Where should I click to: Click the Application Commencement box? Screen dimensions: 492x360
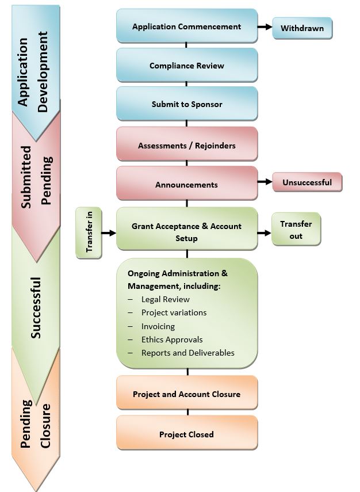pyautogui.click(x=186, y=26)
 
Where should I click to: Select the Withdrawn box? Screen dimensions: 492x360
pyautogui.click(x=302, y=28)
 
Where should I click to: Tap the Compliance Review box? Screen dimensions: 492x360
pyautogui.click(x=186, y=66)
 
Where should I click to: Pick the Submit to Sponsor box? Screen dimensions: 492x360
pyautogui.click(x=186, y=104)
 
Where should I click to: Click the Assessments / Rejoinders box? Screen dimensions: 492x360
pyautogui.click(x=186, y=146)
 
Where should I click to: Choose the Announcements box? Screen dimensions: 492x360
pyautogui.click(x=186, y=185)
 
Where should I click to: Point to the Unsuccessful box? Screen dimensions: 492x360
pyautogui.click(x=307, y=182)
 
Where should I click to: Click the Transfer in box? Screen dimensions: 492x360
pyautogui.click(x=89, y=232)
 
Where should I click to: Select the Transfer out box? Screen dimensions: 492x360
pyautogui.click(x=296, y=230)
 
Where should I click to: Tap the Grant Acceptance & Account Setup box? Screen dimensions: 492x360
pyautogui.click(x=186, y=232)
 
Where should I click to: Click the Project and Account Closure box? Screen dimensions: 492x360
pyautogui.click(x=186, y=394)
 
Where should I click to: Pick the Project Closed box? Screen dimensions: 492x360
pyautogui.click(x=186, y=434)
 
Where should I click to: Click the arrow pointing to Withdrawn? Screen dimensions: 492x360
pyautogui.click(x=265, y=27)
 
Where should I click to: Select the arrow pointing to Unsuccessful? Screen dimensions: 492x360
pyautogui.click(x=265, y=182)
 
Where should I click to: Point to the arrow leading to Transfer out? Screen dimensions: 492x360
pyautogui.click(x=265, y=232)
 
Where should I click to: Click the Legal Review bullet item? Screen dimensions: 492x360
pyautogui.click(x=165, y=299)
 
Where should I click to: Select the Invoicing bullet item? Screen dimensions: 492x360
pyautogui.click(x=158, y=326)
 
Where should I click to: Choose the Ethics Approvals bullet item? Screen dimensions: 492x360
pyautogui.click(x=171, y=340)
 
